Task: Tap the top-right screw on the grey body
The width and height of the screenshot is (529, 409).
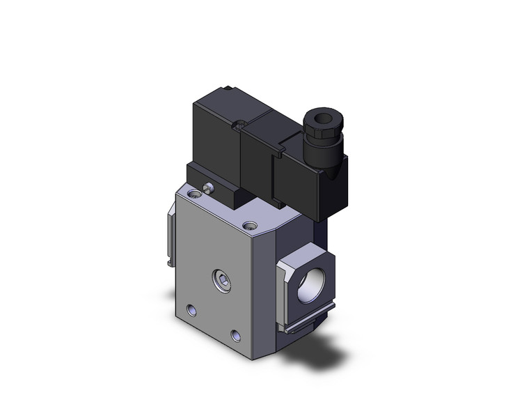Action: (249, 225)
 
